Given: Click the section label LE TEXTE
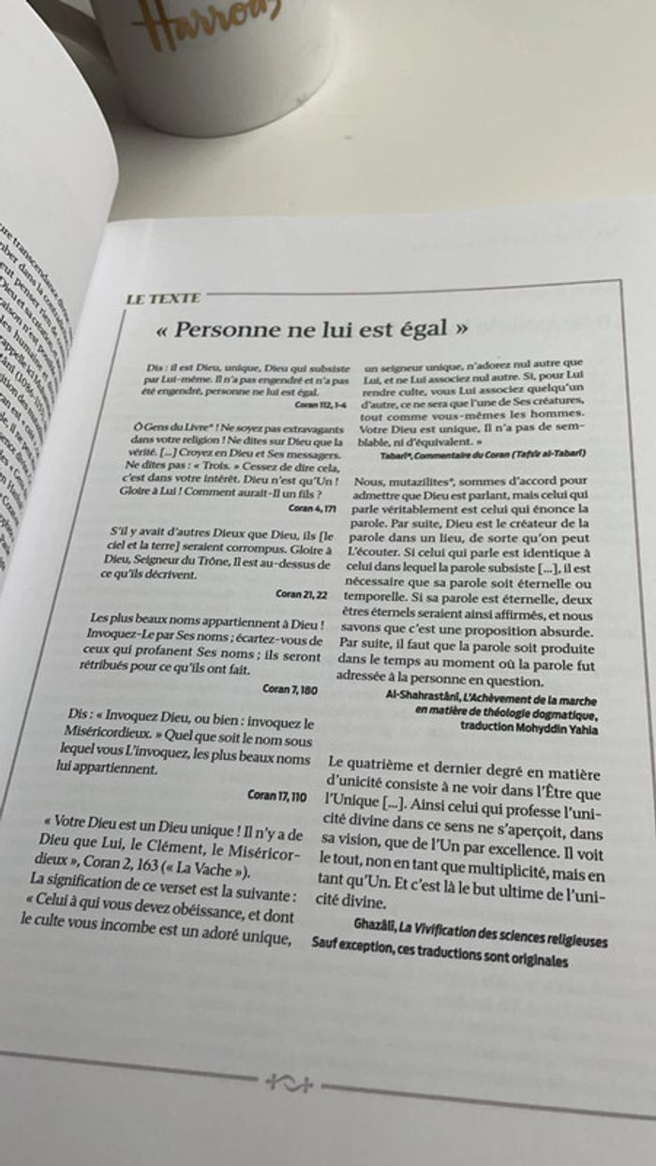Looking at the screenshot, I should [164, 299].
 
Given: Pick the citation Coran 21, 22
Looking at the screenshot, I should [303, 593].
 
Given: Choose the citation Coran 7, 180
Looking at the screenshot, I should [291, 688].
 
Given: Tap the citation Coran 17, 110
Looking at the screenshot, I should [277, 795].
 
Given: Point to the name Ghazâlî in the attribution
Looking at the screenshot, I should [375, 922].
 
